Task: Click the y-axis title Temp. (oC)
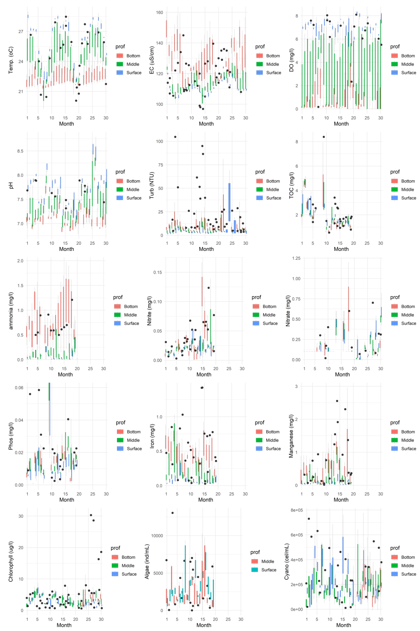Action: tap(11, 60)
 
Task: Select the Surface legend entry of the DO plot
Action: tap(408, 73)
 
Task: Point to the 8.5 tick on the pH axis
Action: tap(20, 151)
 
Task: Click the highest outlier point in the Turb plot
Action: tap(175, 137)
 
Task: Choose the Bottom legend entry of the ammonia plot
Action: tap(131, 306)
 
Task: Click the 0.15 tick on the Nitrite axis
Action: tap(158, 272)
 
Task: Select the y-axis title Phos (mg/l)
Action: tap(11, 436)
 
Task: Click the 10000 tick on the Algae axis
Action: tap(157, 536)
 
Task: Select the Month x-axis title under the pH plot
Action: tap(66, 249)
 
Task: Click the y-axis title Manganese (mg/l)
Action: tap(291, 436)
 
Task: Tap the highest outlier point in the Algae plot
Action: tap(173, 513)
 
